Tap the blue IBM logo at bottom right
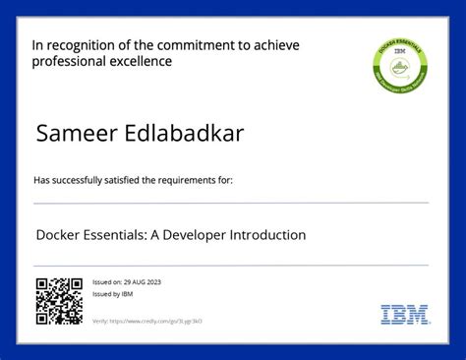405,315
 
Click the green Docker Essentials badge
400,66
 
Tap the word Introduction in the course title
267,235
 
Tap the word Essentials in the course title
116,235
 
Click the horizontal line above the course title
231,203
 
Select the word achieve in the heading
276,45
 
